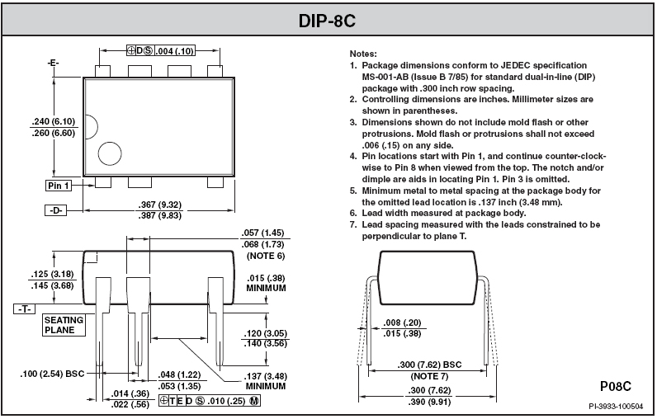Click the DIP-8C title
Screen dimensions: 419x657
[x=328, y=21]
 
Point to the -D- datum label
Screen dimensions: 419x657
[x=55, y=210]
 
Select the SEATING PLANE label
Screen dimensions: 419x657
[x=59, y=325]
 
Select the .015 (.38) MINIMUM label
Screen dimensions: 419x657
[x=266, y=282]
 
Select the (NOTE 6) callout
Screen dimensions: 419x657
[x=266, y=257]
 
